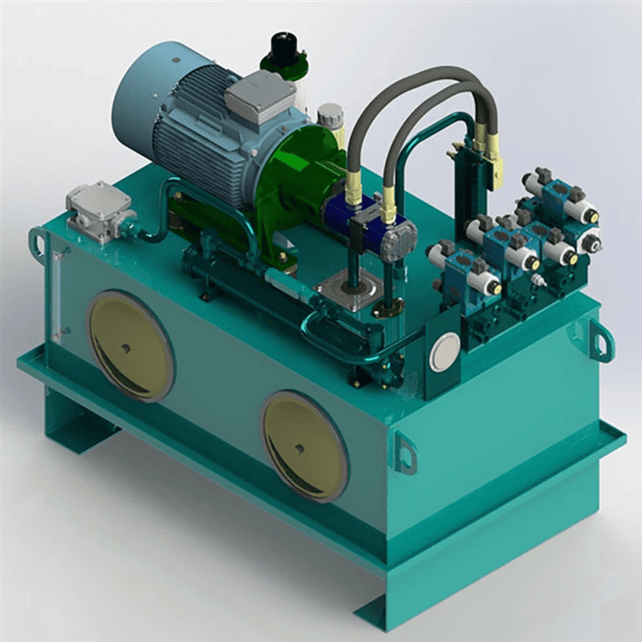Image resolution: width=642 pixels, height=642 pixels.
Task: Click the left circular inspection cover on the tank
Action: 129,346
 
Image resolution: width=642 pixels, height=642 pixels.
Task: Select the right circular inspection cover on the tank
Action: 304,446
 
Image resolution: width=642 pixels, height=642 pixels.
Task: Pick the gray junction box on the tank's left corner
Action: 99,210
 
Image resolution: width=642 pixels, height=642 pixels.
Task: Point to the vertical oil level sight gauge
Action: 56,295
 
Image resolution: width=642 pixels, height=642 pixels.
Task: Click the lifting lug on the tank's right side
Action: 601,339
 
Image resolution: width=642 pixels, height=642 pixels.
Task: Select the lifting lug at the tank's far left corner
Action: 38,241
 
